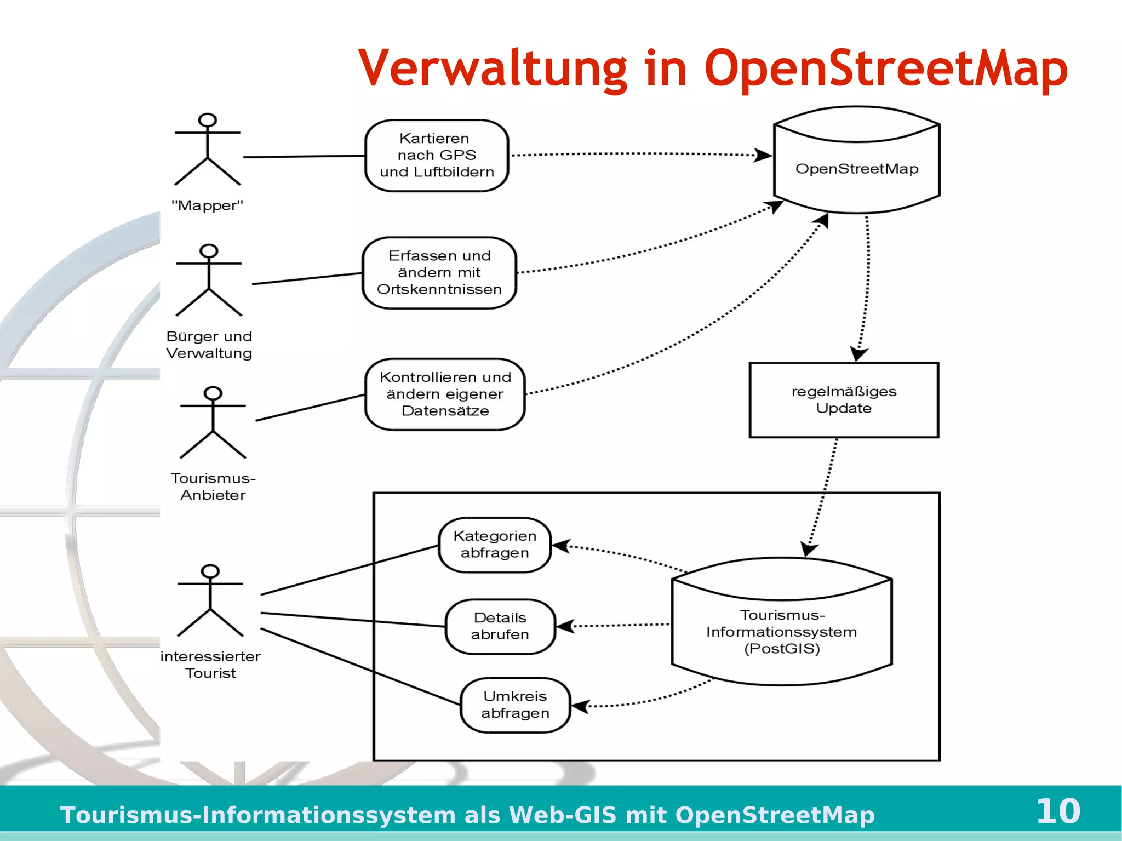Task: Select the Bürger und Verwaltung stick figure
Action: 209,280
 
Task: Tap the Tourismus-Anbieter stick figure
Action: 213,422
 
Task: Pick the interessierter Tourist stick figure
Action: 210,600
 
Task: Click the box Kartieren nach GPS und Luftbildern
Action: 437,156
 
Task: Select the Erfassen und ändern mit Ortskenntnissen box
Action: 439,273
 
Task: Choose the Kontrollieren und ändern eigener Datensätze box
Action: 445,394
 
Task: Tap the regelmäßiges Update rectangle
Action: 844,400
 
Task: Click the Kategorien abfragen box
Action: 495,545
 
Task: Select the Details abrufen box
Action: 500,626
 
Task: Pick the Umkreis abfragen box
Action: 515,705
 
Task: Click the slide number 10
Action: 1058,811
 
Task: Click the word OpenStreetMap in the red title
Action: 886,68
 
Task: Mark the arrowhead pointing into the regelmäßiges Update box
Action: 858,354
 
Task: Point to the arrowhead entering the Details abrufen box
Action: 565,626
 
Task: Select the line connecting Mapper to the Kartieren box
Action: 304,157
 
